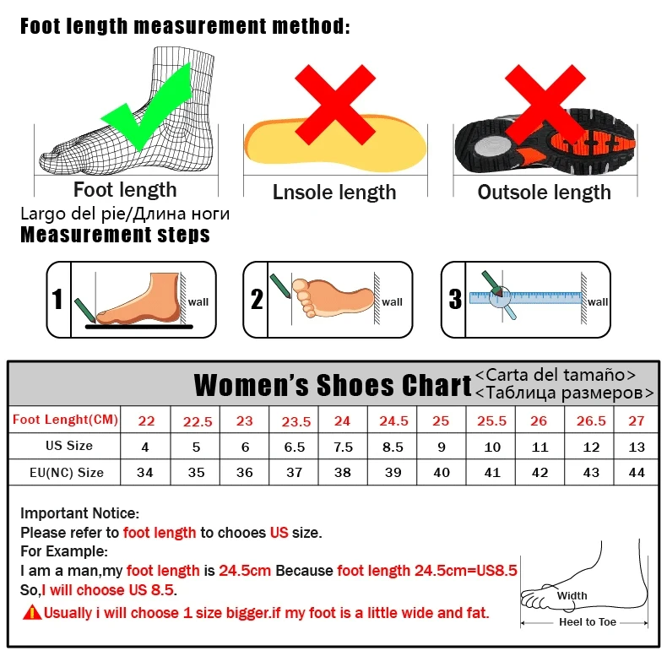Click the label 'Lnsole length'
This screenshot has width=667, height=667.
(x=334, y=193)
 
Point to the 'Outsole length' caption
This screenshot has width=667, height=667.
(x=544, y=193)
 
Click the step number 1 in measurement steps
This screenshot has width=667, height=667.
(x=57, y=300)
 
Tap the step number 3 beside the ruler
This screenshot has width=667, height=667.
(x=455, y=300)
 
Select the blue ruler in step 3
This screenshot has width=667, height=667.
(x=527, y=297)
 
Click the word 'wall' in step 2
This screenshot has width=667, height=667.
(x=392, y=301)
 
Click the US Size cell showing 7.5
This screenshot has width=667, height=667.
(x=343, y=446)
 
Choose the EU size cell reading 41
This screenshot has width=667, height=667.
(x=493, y=472)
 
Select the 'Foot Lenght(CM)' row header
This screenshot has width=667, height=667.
(x=65, y=420)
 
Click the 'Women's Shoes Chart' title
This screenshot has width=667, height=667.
(x=333, y=385)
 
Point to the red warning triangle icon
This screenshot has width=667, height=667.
(x=32, y=613)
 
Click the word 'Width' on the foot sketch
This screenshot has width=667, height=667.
(x=572, y=596)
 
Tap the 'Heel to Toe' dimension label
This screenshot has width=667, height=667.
(x=588, y=622)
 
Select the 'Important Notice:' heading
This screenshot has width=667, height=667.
(x=79, y=513)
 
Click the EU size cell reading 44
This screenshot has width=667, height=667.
(x=637, y=472)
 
